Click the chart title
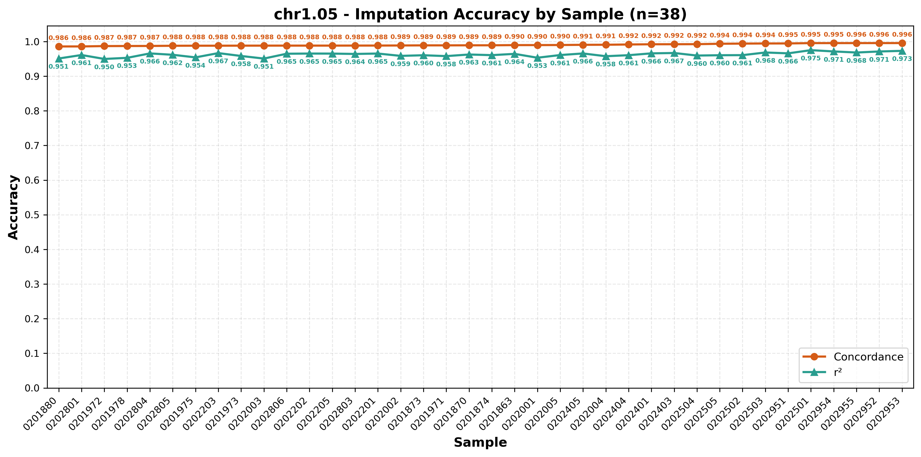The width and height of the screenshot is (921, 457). point(480,15)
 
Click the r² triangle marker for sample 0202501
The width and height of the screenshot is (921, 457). point(811,50)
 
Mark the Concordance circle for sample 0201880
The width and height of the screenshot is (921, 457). point(59,46)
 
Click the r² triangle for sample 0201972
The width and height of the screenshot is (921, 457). point(105,59)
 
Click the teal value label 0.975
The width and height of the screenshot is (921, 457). point(811,58)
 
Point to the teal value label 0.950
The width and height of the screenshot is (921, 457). point(105,67)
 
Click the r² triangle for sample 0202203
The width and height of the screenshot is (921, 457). point(219,53)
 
